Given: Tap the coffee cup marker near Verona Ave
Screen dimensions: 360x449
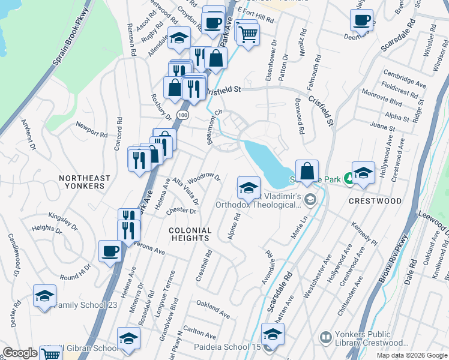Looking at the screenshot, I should (x=110, y=251).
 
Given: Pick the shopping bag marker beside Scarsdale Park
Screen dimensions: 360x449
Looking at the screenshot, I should (x=307, y=172).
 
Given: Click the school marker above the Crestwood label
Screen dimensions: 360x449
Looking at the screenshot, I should (x=363, y=173).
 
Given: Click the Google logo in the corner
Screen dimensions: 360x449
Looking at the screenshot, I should (x=20, y=353).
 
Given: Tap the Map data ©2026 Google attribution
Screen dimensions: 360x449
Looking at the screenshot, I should (x=412, y=355).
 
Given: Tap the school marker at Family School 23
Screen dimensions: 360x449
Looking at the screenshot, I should (x=44, y=296).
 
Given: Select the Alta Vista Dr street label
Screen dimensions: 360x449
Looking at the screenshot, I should (x=185, y=191).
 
